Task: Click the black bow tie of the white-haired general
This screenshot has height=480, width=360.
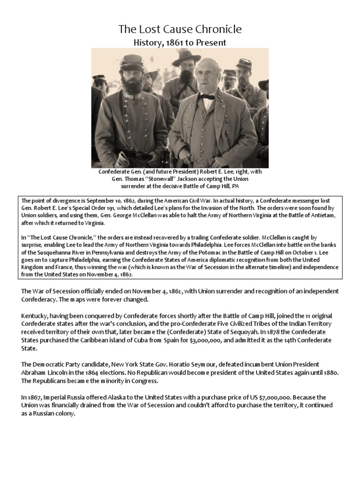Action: point(205,97)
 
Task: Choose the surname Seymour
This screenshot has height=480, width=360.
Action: point(194,364)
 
